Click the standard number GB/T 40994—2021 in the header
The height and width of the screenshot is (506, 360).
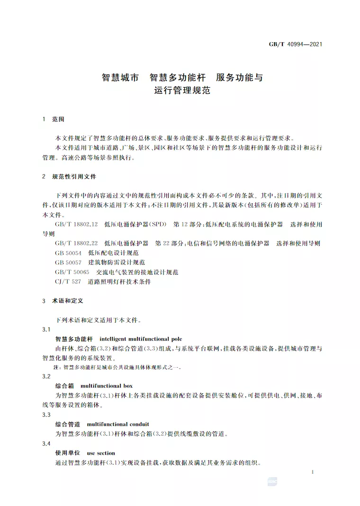(x=296, y=45)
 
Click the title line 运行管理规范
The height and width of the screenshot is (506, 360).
(x=182, y=90)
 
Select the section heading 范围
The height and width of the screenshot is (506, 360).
(x=58, y=119)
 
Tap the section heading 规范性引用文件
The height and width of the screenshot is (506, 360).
(x=74, y=176)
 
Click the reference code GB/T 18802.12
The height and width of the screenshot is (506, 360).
(x=76, y=224)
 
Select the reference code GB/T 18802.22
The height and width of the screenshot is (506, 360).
(x=76, y=243)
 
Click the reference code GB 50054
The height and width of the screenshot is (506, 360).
(x=68, y=253)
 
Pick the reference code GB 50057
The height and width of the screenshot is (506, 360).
(x=68, y=262)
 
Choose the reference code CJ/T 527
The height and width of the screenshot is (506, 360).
(x=68, y=281)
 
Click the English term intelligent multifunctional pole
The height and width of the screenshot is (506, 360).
(x=141, y=339)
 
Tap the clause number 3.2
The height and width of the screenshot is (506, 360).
(x=46, y=376)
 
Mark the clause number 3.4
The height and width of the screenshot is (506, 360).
(x=46, y=443)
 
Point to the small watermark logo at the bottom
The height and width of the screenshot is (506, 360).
(x=273, y=481)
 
